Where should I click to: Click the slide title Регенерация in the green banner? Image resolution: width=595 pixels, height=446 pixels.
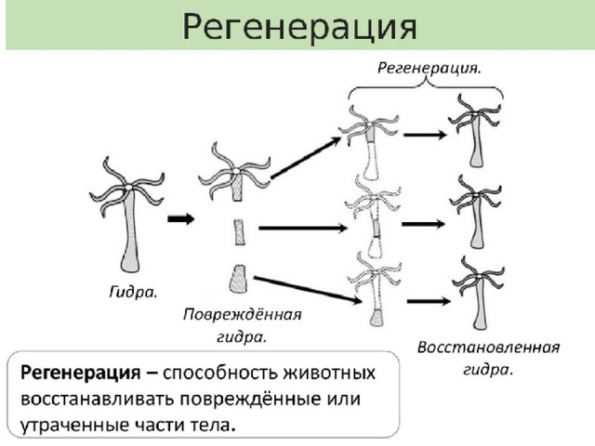pyautogui.click(x=299, y=27)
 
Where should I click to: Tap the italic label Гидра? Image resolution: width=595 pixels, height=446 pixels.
pyautogui.click(x=133, y=293)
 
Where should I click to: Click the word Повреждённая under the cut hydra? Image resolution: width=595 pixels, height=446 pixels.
pyautogui.click(x=242, y=314)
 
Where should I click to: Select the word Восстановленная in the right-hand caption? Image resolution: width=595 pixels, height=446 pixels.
pyautogui.click(x=488, y=348)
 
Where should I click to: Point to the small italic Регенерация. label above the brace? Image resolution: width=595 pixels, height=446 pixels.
pyautogui.click(x=430, y=68)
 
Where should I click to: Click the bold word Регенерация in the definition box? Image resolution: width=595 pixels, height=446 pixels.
pyautogui.click(x=81, y=374)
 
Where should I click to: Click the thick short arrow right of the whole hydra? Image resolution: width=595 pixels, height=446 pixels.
pyautogui.click(x=181, y=219)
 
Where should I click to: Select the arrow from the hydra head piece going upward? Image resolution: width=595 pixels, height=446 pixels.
pyautogui.click(x=306, y=158)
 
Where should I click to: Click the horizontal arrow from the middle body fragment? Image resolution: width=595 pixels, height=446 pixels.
pyautogui.click(x=303, y=228)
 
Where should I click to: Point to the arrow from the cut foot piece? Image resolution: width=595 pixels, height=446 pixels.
pyautogui.click(x=308, y=290)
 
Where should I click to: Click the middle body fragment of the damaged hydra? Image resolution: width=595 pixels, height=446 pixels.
pyautogui.click(x=239, y=232)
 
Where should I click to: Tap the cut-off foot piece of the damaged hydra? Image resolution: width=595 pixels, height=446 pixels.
pyautogui.click(x=238, y=279)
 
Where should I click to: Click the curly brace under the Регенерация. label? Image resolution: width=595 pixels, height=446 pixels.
pyautogui.click(x=426, y=89)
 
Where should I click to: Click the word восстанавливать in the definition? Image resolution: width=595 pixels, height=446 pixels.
pyautogui.click(x=97, y=399)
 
